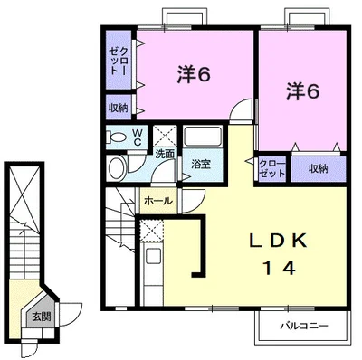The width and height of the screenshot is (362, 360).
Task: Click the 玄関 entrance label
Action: (42, 317)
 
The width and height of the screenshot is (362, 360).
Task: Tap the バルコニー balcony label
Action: (304, 326)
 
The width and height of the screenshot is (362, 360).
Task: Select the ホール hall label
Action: (158, 201)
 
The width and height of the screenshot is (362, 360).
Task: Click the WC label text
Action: (138, 137)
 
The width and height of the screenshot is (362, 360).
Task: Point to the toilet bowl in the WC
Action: (116, 137)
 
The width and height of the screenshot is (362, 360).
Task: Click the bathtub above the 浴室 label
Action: (203, 137)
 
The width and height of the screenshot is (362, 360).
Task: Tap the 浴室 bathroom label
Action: (201, 165)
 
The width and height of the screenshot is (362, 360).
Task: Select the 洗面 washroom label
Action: (165, 154)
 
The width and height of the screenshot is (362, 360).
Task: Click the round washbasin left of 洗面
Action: (117, 168)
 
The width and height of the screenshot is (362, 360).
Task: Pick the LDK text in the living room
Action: (277, 241)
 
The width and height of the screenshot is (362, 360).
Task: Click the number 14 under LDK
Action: (279, 268)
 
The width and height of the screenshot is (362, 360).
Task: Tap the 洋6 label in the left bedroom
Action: (194, 74)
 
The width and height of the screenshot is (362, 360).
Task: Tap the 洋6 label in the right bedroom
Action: (302, 91)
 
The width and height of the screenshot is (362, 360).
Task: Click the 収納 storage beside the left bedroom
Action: (119, 108)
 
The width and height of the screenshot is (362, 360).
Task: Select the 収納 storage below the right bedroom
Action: (319, 169)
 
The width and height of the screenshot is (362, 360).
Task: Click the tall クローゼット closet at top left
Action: (119, 60)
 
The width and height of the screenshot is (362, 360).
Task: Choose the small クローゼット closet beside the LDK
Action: (272, 169)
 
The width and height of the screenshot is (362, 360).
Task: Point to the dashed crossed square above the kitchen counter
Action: (152, 231)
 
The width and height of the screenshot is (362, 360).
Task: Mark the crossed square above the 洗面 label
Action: (165, 136)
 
